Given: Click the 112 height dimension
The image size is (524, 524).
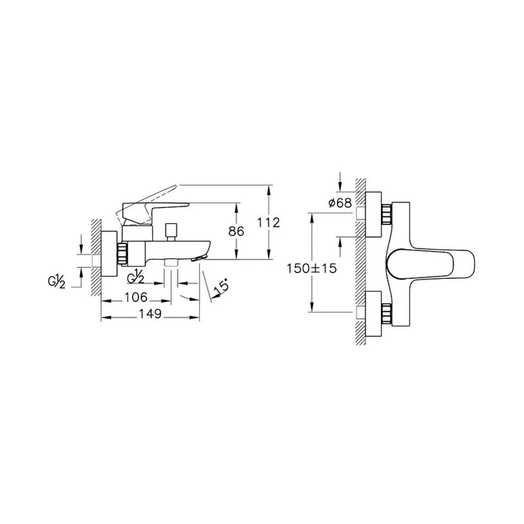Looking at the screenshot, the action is click(x=268, y=223).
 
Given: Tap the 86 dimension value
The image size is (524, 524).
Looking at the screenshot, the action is click(x=236, y=231).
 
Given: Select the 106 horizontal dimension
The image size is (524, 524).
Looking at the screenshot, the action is click(x=136, y=297).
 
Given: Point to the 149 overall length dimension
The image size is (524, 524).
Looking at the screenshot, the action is click(x=151, y=314).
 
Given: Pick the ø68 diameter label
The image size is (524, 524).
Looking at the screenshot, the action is click(x=340, y=203).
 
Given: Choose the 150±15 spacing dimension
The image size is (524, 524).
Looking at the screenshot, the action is click(x=311, y=268).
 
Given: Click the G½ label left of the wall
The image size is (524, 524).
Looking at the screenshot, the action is click(x=57, y=282).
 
